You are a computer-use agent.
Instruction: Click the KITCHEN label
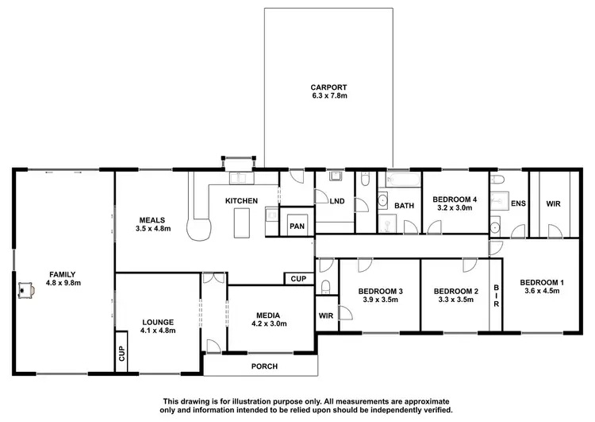[x=241, y=201]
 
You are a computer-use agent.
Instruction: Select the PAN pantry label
[x=297, y=226]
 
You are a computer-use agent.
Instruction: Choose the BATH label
[x=405, y=206]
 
